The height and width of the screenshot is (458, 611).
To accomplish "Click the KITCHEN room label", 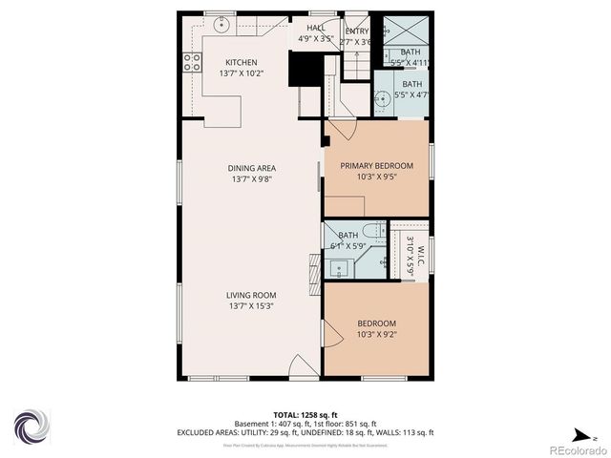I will pos(241,63).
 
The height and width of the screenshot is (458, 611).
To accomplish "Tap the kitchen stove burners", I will pos(192,62).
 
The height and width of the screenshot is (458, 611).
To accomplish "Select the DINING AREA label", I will pos(252,168).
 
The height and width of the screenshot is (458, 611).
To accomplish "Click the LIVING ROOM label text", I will pos(251,295).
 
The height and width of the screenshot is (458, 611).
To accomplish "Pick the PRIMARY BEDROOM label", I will pos(376,165).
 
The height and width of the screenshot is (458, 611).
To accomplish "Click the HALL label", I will pos(315,29).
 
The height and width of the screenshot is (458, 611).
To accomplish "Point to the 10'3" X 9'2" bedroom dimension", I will pos(376,333).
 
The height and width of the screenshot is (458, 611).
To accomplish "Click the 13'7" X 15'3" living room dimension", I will pos(251,306).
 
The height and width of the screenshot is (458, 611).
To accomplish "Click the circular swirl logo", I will pos(31,424).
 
